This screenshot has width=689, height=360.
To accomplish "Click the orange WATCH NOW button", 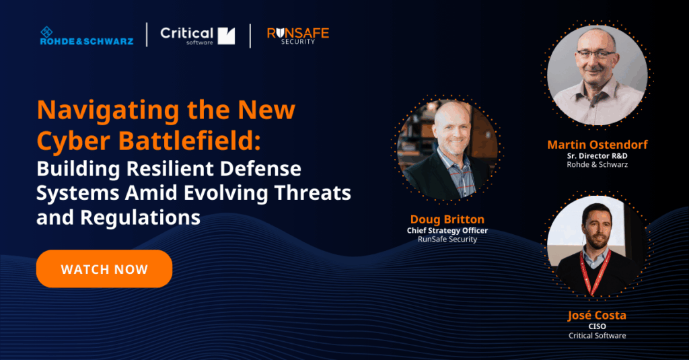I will pyautogui.click(x=104, y=269).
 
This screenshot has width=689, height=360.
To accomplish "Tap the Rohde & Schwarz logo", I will pyautogui.click(x=86, y=36).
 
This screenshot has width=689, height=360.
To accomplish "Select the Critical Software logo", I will pyautogui.click(x=197, y=36).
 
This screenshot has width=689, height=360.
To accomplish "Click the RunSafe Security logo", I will pyautogui.click(x=297, y=36).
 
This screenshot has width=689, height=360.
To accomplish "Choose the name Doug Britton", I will pyautogui.click(x=447, y=219).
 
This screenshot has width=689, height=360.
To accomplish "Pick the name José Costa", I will pyautogui.click(x=597, y=316).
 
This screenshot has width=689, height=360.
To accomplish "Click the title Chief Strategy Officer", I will pyautogui.click(x=447, y=230).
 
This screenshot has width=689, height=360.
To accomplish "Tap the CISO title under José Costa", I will pyautogui.click(x=597, y=326).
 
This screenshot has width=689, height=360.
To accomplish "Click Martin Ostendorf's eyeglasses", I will pyautogui.click(x=595, y=54).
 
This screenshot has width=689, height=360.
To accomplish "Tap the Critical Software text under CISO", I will pyautogui.click(x=597, y=335).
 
